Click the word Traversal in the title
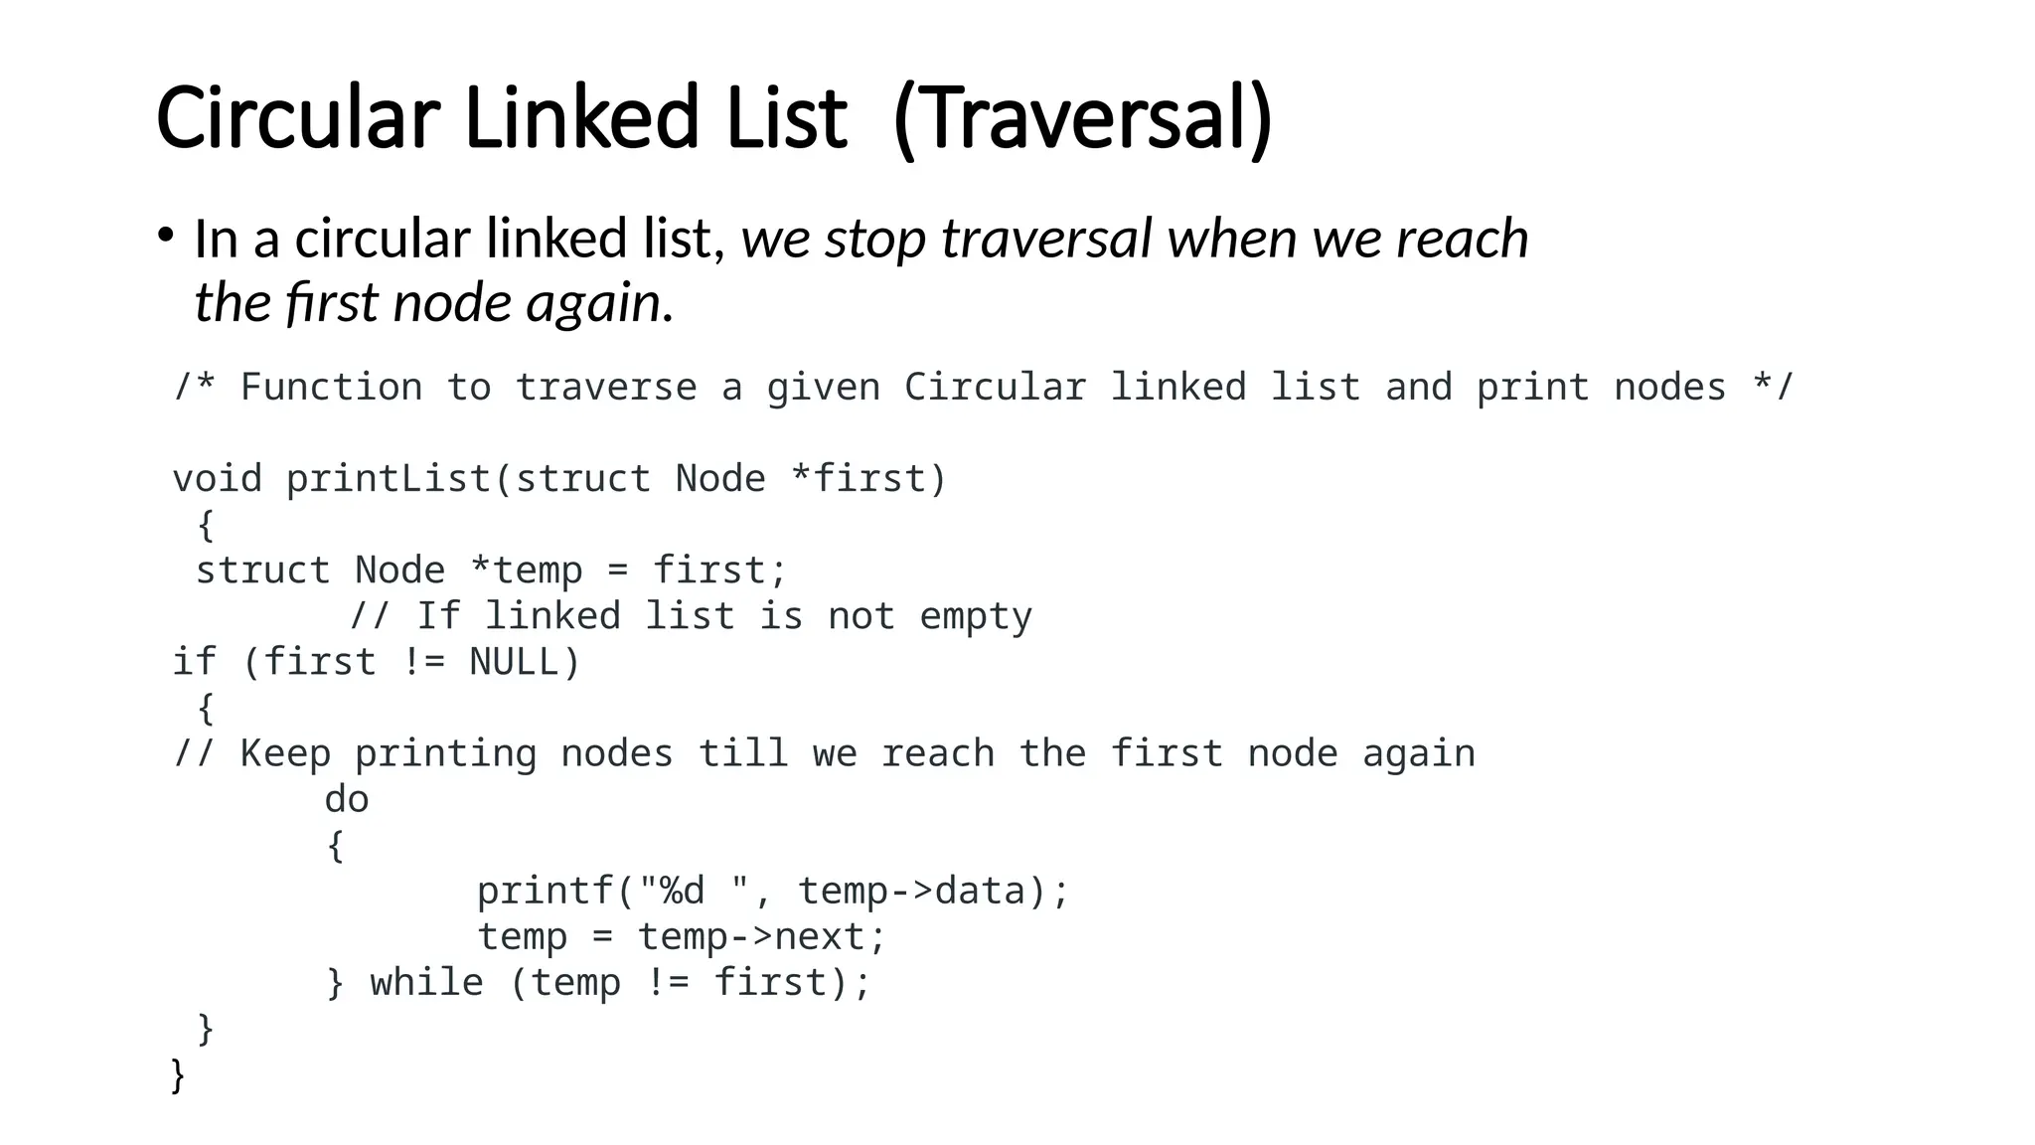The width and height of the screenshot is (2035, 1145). tap(1081, 119)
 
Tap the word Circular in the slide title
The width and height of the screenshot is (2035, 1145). tap(297, 119)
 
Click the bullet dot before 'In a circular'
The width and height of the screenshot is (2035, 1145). tap(165, 236)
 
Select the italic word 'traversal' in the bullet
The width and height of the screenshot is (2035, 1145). tap(1045, 239)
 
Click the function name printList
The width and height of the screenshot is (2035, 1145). tap(389, 479)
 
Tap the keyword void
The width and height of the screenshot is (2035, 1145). tap(217, 479)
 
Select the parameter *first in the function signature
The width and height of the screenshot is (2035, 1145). tap(858, 479)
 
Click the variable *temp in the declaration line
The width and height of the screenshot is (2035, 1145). tap(526, 571)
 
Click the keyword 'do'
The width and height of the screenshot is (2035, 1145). tap(347, 799)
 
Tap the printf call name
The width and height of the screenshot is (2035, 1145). tap(546, 891)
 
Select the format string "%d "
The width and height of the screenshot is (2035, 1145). tap(693, 891)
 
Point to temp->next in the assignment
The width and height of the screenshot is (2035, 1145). tap(760, 936)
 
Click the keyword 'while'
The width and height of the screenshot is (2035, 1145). tap(426, 983)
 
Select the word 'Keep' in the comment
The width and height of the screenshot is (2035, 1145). tap(285, 753)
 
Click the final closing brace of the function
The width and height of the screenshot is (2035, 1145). tap(178, 1075)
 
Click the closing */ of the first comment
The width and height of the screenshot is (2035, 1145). tap(1773, 387)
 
